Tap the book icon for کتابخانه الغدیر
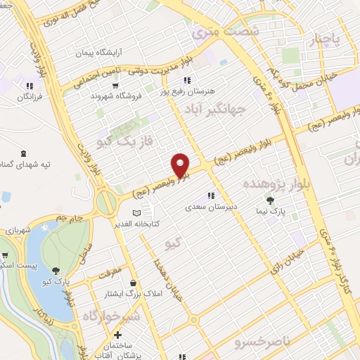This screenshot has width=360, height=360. click(x=137, y=212)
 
